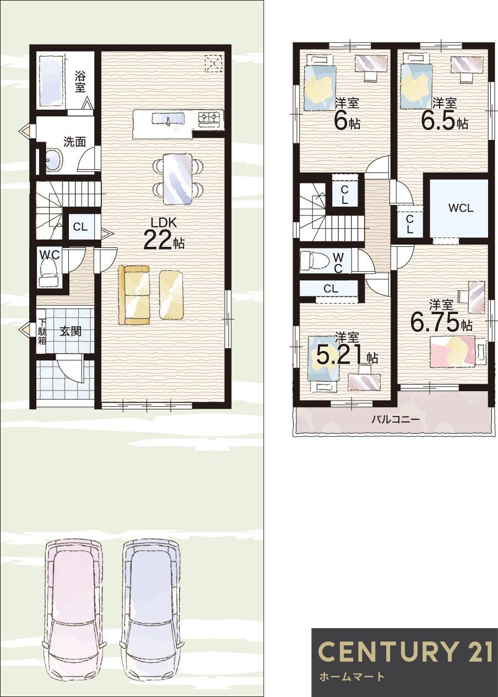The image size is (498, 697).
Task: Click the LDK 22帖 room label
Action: coord(163,234)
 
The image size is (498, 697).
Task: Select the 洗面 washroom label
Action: coord(74,142)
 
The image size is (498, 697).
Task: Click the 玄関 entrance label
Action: coord(71,331)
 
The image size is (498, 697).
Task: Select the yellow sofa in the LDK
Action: coord(134,295)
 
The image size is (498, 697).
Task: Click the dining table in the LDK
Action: coord(177,179)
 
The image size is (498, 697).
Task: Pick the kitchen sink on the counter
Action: coord(169,120)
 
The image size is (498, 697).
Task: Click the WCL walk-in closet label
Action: coord(461,208)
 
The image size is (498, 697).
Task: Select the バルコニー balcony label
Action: coord(395,419)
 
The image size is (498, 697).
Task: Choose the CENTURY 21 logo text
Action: coord(405,652)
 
